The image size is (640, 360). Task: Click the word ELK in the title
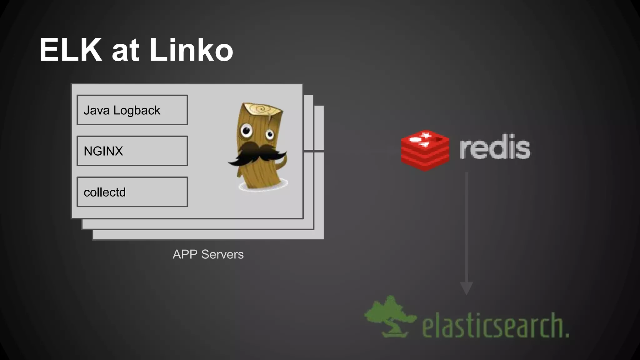coord(71,50)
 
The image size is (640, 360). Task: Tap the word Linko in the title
coord(191,50)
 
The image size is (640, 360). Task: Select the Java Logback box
coord(132,110)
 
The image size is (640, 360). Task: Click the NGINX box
coord(132,151)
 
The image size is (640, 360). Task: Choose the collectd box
coord(132,192)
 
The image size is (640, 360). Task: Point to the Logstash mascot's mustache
coord(257,154)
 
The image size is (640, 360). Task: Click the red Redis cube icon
coord(425,150)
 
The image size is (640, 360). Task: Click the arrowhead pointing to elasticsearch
coord(466,288)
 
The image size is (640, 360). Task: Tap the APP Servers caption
coord(208,254)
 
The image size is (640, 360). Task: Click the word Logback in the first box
coord(137,110)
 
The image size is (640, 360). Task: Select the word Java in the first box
coord(97,110)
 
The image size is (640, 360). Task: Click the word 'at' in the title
coord(125,51)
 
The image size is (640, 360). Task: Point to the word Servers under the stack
coord(222,254)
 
